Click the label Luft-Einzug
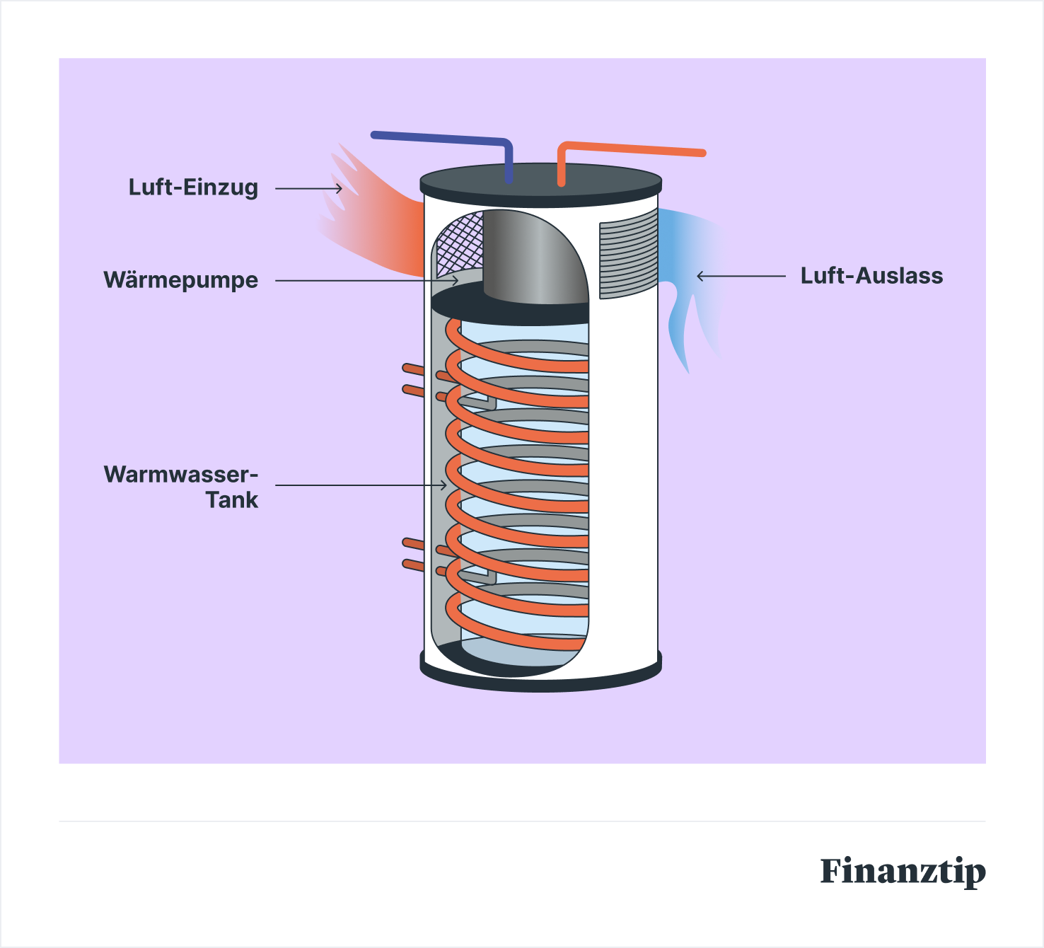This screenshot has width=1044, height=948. click(x=193, y=187)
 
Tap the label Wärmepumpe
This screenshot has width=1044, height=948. click(x=181, y=280)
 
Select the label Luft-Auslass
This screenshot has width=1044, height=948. click(x=871, y=276)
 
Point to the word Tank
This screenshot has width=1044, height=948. click(x=232, y=500)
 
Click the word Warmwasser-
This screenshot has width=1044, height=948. click(x=181, y=474)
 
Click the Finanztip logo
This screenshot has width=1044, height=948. click(x=903, y=871)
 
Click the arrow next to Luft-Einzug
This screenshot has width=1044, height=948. click(x=308, y=188)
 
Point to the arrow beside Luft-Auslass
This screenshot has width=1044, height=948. click(x=741, y=276)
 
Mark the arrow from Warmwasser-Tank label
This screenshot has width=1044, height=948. click(x=361, y=485)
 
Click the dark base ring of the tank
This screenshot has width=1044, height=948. click(x=541, y=679)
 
